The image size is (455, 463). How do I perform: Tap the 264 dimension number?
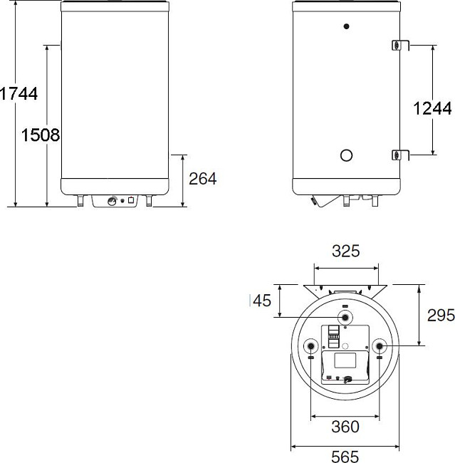pyautogui.click(x=202, y=178)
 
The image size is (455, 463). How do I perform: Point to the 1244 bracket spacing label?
pyautogui.click(x=432, y=108)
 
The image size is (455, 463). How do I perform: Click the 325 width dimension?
pyautogui.click(x=346, y=251)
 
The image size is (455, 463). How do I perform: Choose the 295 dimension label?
pyautogui.click(x=440, y=316)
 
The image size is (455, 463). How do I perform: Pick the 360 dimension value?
pyautogui.click(x=345, y=427)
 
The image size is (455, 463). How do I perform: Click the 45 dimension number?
pyautogui.click(x=262, y=301)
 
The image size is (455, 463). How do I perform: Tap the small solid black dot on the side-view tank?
pyautogui.click(x=346, y=27)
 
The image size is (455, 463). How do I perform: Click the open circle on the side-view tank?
pyautogui.click(x=346, y=155)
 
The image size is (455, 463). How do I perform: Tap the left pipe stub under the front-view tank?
pyautogui.click(x=80, y=202)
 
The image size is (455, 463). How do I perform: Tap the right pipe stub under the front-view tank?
pyautogui.click(x=149, y=202)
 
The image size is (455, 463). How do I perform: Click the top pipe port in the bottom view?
pyautogui.click(x=345, y=317)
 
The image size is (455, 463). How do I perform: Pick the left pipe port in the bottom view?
pyautogui.click(x=311, y=346)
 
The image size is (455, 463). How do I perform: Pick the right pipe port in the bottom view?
pyautogui.click(x=380, y=346)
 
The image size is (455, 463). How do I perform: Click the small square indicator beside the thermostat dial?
pyautogui.click(x=132, y=200)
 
